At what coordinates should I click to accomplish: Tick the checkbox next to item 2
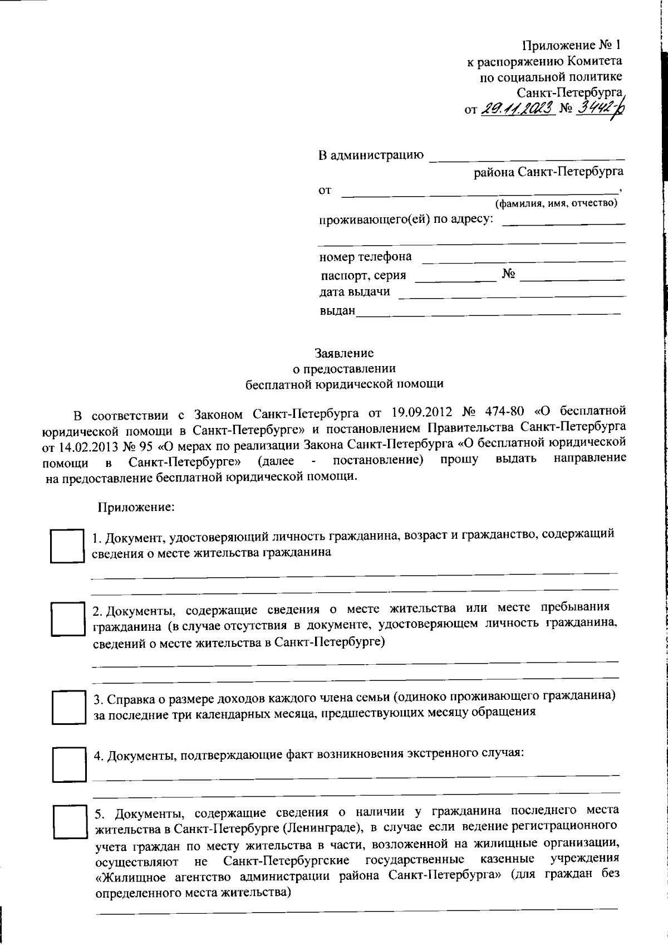(x=67, y=618)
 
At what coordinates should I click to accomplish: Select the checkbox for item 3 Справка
(x=68, y=708)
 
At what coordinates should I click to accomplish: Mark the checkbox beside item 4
(x=70, y=764)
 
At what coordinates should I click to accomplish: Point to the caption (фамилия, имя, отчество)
(x=556, y=203)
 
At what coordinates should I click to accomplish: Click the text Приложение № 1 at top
(x=571, y=45)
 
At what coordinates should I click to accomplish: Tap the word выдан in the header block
(x=337, y=311)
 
